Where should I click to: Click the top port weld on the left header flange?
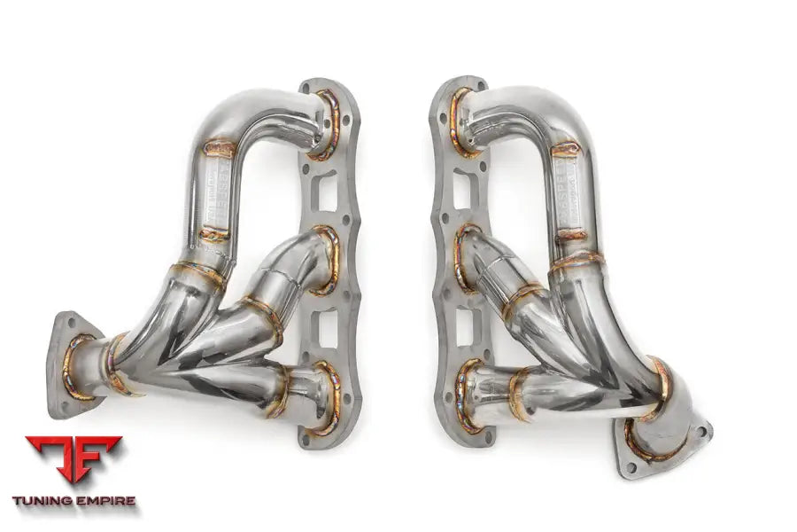coord(327,124)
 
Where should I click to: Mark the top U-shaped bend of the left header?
coord(248,111)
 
